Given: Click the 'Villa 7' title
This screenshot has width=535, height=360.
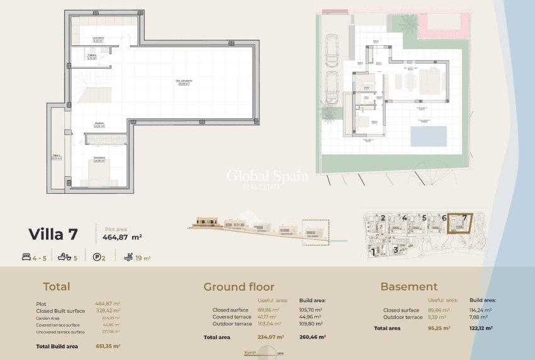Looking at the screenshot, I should point(53,235).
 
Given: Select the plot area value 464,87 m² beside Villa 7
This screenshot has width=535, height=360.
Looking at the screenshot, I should point(121,237).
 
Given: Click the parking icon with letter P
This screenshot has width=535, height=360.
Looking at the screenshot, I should point(96,257).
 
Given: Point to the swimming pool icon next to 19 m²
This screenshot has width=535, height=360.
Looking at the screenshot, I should point(129,257).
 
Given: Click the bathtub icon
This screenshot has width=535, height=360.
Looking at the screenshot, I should point(62,257).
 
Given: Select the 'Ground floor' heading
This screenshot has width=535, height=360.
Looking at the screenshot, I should point(239,287).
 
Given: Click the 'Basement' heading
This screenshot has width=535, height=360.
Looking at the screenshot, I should point(408,287).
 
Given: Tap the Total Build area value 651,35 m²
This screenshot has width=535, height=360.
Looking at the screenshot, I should point(108,346).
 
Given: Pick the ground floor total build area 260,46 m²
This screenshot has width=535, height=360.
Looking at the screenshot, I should point(312,337).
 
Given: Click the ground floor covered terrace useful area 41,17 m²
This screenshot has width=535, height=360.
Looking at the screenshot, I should point(267,317).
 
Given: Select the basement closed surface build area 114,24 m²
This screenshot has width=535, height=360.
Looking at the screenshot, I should point(480,310).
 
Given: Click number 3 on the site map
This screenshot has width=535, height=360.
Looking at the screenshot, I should point(395,250).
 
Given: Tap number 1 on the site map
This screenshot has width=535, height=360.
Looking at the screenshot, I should point(373,251).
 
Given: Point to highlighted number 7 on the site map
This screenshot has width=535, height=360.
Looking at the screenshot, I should point(465,218).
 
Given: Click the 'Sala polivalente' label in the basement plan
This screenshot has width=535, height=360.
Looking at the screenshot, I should point(184,81).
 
